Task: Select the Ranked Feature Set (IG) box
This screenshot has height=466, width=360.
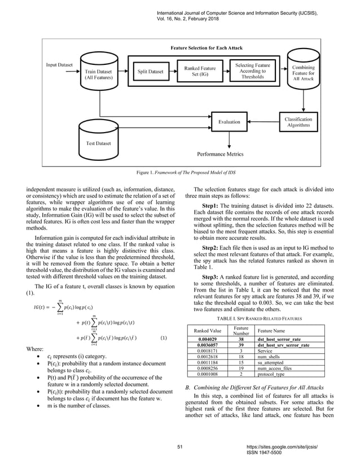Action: pos(200,72)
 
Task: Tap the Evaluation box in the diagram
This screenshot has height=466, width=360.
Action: pos(229,121)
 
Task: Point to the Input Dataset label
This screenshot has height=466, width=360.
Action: pos(59,64)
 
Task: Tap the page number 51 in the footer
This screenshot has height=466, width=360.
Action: pos(180,447)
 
